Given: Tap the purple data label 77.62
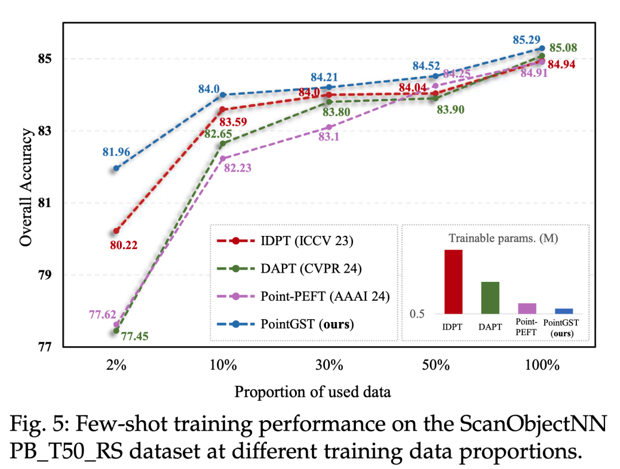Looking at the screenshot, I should (103, 314).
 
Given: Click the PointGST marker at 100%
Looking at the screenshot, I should (542, 48).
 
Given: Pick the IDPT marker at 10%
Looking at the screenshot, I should (223, 109).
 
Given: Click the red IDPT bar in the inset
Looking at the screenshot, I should (453, 282).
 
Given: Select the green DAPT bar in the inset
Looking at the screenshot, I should (490, 297).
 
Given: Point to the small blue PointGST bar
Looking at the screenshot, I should (563, 311).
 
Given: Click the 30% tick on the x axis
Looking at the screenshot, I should (328, 365).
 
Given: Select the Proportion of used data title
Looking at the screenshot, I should (312, 392).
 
